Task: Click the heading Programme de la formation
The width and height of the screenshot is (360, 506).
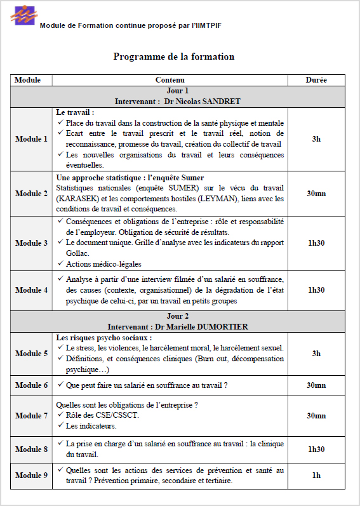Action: [174, 57]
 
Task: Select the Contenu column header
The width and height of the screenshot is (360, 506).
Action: [170, 80]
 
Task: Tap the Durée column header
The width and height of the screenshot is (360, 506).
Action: [316, 80]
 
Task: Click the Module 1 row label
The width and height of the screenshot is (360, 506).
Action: [31, 139]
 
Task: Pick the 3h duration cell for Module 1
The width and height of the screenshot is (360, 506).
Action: [316, 139]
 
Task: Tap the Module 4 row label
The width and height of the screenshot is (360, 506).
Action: [31, 290]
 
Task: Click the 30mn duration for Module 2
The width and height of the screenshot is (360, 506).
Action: [316, 194]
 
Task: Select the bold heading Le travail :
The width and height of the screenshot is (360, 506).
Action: [75, 112]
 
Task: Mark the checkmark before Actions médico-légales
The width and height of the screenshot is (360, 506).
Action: [60, 264]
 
